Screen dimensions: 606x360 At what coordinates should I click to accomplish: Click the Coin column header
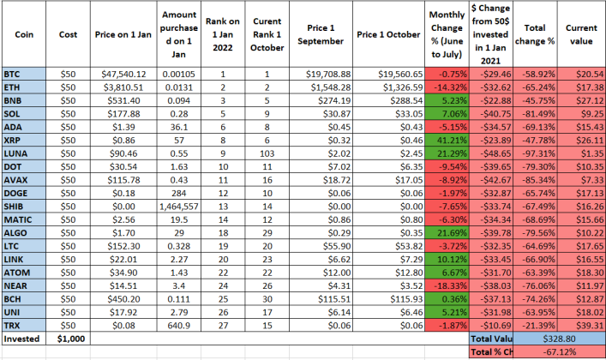(x=24, y=34)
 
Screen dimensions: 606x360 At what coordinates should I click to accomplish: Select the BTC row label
(x=12, y=75)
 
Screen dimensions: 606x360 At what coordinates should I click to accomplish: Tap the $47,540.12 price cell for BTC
(x=123, y=75)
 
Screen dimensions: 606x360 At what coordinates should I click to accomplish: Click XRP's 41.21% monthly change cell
(x=447, y=141)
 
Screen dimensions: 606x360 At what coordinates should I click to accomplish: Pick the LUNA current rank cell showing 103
(x=267, y=154)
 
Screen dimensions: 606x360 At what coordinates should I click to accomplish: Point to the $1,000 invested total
(x=71, y=339)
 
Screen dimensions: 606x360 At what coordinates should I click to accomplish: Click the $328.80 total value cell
(x=559, y=339)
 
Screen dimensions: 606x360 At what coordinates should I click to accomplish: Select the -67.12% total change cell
(x=559, y=352)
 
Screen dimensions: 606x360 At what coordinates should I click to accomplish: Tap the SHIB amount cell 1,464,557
(x=179, y=207)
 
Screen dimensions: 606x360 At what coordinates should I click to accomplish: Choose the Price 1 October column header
(x=388, y=34)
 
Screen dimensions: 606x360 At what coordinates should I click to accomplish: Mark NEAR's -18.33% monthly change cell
(x=447, y=286)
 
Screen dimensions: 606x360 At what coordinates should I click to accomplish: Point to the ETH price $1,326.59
(x=403, y=87)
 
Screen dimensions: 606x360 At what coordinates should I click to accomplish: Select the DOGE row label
(x=15, y=194)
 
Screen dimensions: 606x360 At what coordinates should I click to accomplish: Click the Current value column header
(x=581, y=34)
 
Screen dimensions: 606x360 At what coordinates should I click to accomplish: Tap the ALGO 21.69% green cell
(x=447, y=233)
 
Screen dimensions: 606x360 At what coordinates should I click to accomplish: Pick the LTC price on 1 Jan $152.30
(x=123, y=246)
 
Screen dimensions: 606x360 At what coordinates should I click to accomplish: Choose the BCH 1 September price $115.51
(x=334, y=299)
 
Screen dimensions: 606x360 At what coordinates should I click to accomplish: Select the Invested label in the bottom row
(x=21, y=339)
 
